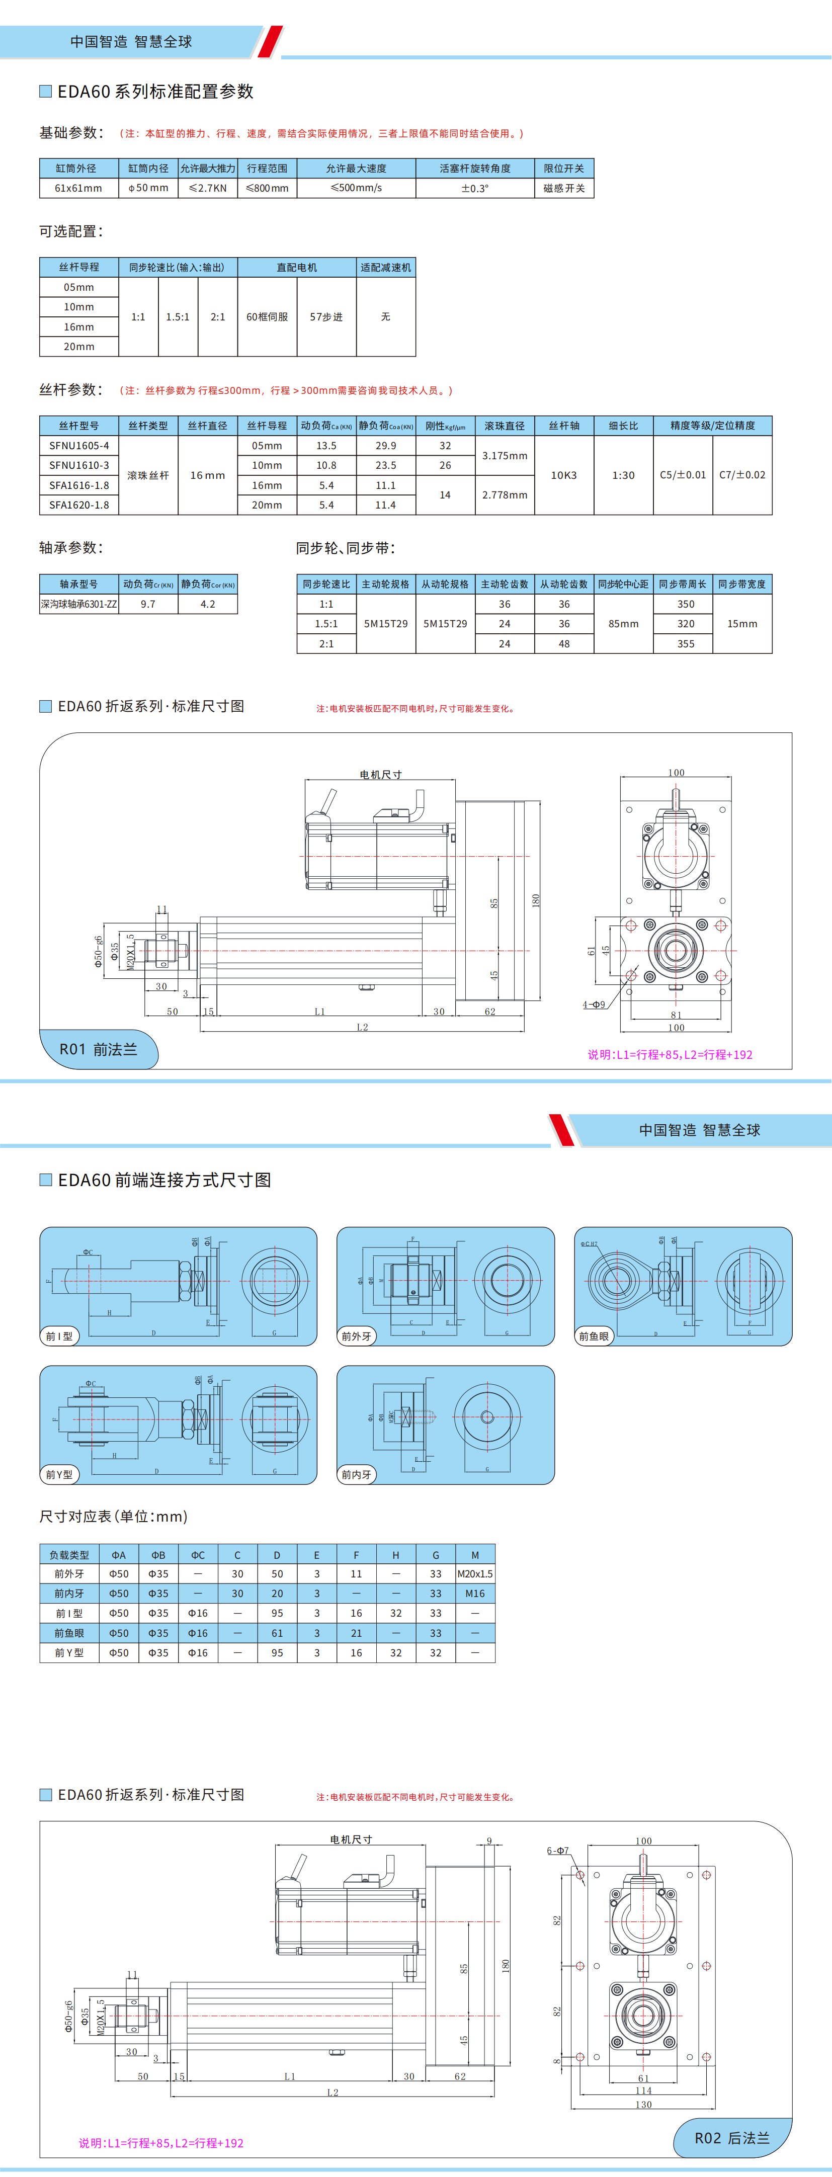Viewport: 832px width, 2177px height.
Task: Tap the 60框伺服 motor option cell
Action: tap(267, 317)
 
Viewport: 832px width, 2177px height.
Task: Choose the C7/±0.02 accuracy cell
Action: tap(742, 475)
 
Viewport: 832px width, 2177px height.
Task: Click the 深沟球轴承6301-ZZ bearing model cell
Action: tap(78, 604)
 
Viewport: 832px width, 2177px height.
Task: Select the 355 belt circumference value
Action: tap(686, 644)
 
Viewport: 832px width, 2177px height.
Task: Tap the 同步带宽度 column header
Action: tap(742, 584)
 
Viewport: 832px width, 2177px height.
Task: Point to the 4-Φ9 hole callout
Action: tap(594, 1005)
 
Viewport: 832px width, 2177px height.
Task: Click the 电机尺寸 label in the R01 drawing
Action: tap(380, 774)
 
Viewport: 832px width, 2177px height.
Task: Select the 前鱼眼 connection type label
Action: tap(594, 1336)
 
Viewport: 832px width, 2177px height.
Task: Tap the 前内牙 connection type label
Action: tap(356, 1475)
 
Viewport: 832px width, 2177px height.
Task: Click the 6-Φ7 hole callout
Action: tap(558, 1851)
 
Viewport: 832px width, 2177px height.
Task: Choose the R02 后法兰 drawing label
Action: tap(732, 2138)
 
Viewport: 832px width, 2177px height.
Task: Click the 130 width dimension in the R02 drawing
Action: tap(643, 2105)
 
